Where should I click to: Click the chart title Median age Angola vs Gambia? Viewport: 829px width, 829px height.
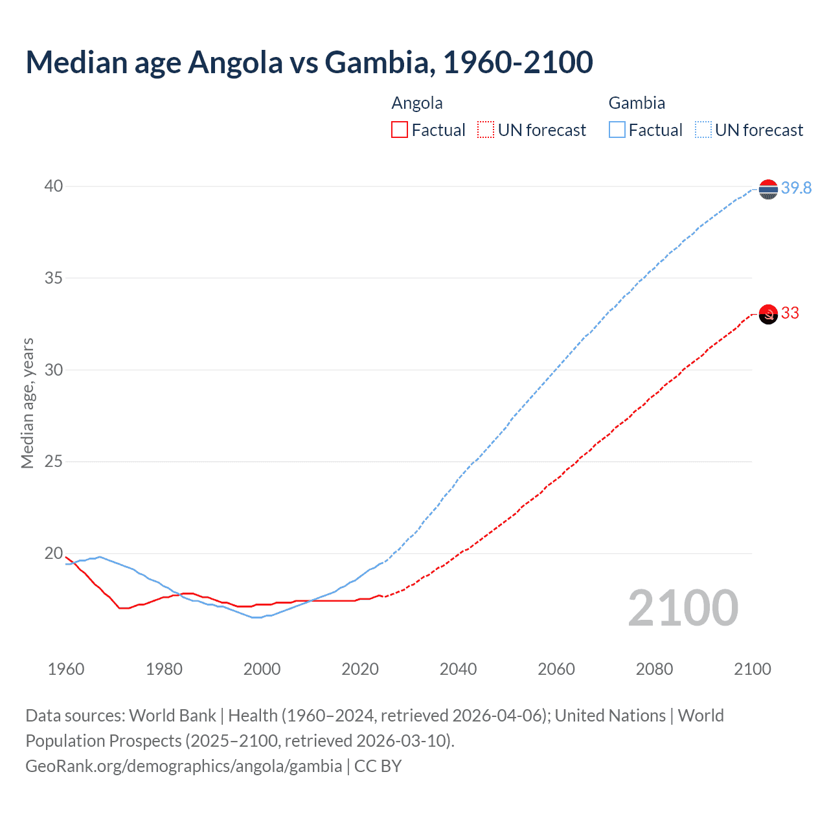tap(309, 63)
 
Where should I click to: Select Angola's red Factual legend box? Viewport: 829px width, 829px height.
tap(400, 130)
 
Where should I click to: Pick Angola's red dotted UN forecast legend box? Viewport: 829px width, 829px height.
tap(486, 130)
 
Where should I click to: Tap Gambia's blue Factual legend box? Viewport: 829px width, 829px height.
tap(617, 130)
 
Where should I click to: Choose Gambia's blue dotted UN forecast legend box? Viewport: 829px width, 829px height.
tap(703, 130)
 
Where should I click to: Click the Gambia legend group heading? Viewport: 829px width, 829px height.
tap(637, 103)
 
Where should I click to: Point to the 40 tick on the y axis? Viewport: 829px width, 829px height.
tap(54, 187)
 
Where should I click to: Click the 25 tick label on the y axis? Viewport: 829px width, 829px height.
tap(54, 462)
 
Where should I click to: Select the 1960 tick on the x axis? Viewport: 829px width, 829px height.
tap(66, 669)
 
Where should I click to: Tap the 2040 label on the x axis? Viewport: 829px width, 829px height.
tap(458, 669)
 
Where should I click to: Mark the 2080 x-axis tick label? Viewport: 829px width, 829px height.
tap(654, 669)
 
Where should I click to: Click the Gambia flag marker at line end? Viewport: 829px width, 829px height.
tap(768, 189)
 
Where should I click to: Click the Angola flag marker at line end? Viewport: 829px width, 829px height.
tap(768, 314)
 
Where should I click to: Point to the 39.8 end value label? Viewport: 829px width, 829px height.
tap(796, 188)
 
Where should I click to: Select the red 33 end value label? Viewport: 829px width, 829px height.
tap(790, 313)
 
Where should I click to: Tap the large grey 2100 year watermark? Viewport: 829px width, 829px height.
tap(683, 608)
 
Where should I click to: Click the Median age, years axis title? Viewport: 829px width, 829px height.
tap(27, 403)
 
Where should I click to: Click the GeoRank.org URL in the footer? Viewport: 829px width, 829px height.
tap(183, 766)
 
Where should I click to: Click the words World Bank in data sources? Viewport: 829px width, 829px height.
tap(172, 716)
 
